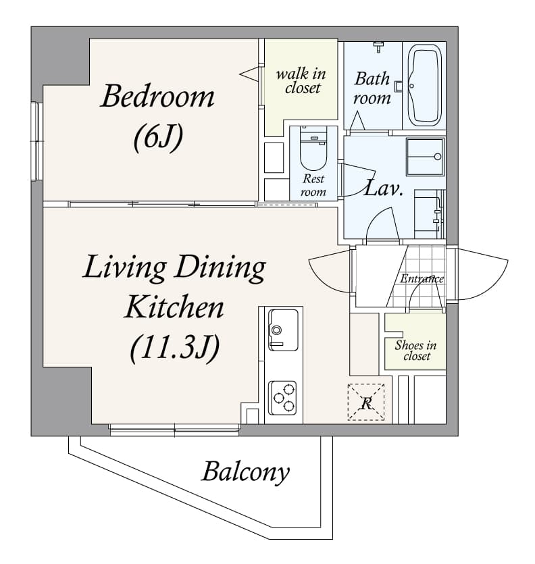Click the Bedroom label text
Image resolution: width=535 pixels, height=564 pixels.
(x=157, y=97)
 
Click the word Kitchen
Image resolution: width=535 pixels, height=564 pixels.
(x=174, y=307)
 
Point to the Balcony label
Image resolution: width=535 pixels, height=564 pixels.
(x=245, y=471)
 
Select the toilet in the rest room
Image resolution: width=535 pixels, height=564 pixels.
(x=313, y=152)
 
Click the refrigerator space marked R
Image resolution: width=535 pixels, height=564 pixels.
(x=365, y=403)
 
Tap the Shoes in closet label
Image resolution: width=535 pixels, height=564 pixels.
(x=415, y=350)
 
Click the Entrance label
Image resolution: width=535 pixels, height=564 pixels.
(x=422, y=278)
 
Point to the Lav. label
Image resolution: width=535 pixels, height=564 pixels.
(x=384, y=188)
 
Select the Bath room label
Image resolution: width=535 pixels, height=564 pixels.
(x=373, y=88)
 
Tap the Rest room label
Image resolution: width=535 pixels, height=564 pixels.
(x=313, y=186)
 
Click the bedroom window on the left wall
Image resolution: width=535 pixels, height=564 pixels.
(x=36, y=140)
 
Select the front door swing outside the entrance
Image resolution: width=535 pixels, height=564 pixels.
(x=481, y=274)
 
